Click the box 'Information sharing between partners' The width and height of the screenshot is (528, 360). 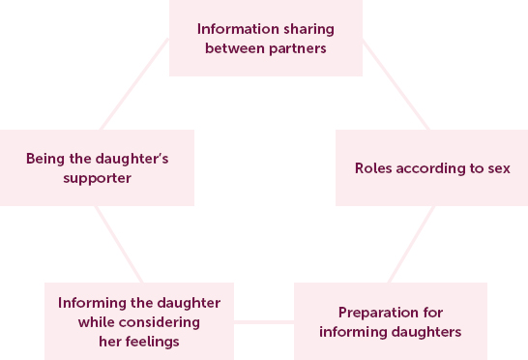(266, 38)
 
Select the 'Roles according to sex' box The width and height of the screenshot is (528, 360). (431, 167)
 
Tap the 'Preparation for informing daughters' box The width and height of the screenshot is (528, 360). (391, 321)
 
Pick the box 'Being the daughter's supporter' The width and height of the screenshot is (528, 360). (97, 167)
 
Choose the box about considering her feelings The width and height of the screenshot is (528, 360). (139, 321)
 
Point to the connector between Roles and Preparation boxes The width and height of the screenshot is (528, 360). (411, 244)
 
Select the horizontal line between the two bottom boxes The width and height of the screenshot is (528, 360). (264, 321)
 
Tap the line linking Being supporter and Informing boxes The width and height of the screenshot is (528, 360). (118, 244)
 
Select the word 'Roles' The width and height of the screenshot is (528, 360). (374, 167)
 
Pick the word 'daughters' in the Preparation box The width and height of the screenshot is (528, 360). (429, 331)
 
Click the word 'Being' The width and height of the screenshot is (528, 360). (44, 158)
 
